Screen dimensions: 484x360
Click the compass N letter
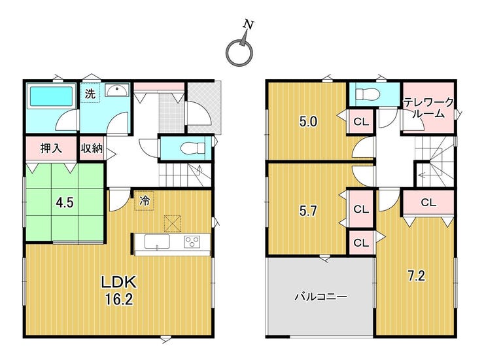pyautogui.click(x=249, y=24)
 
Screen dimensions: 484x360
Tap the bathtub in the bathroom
pyautogui.click(x=51, y=97)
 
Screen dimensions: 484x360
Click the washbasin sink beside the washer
pyautogui.click(x=116, y=90)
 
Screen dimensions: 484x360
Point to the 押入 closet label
pyautogui.click(x=51, y=149)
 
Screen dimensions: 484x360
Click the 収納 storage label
pyautogui.click(x=92, y=149)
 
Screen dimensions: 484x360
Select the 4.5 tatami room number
pyautogui.click(x=65, y=203)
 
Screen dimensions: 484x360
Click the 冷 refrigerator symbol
pyautogui.click(x=144, y=201)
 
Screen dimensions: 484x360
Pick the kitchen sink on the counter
pyautogui.click(x=157, y=242)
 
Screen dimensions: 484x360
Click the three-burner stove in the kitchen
pyautogui.click(x=192, y=242)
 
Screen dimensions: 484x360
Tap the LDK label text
pyautogui.click(x=119, y=282)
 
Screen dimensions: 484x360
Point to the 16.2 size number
pyautogui.click(x=119, y=299)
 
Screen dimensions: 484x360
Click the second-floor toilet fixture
pyautogui.click(x=367, y=93)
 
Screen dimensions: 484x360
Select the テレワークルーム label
pyautogui.click(x=428, y=107)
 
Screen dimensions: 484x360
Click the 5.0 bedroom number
pyautogui.click(x=308, y=122)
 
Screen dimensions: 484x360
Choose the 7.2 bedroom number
pyautogui.click(x=417, y=276)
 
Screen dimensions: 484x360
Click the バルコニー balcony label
pyautogui.click(x=320, y=297)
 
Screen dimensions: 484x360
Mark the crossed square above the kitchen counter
pyautogui.click(x=173, y=223)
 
